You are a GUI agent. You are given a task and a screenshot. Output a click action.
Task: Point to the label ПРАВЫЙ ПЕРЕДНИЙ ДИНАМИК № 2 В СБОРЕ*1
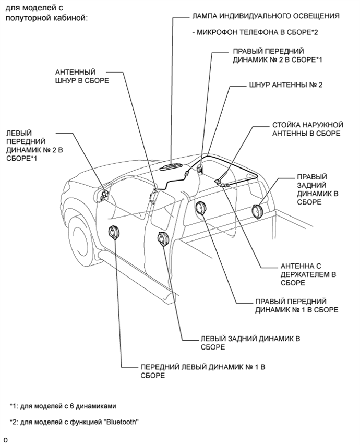(x=277, y=56)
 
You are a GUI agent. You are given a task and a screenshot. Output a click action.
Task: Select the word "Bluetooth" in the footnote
(x=121, y=422)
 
